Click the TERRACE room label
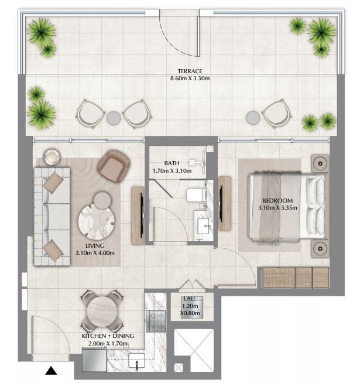point(190,71)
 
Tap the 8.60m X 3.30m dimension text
point(190,78)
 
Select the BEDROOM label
point(277,200)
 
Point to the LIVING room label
point(95,246)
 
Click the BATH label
point(172,163)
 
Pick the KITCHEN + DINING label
point(108,336)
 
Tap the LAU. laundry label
point(190,299)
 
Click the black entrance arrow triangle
point(51,371)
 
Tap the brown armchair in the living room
point(114,166)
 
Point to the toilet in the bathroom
point(197,195)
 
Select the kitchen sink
point(136,361)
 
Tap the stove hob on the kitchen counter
point(156,321)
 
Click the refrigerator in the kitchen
point(94,360)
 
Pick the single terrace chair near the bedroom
point(277,114)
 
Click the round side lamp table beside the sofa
point(52,157)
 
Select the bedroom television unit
point(225,204)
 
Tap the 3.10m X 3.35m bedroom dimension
point(277,208)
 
